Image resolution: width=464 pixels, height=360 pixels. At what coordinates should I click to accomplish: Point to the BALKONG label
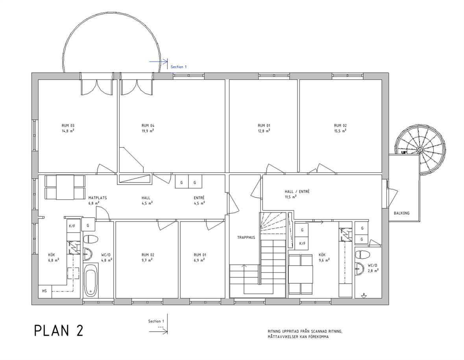[401, 213]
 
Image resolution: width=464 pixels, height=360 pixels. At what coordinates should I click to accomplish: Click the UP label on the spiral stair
[403, 153]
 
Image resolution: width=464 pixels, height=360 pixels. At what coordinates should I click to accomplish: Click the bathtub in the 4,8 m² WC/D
[91, 280]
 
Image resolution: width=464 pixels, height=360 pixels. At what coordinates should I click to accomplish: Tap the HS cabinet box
[45, 291]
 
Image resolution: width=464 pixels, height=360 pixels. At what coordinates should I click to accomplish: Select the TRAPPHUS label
[246, 238]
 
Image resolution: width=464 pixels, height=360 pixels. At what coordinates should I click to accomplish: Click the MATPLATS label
[98, 198]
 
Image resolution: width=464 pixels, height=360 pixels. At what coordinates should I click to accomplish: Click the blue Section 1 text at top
[179, 67]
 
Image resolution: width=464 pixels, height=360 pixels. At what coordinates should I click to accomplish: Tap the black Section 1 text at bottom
[156, 321]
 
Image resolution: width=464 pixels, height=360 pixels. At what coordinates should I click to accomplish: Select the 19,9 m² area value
[147, 131]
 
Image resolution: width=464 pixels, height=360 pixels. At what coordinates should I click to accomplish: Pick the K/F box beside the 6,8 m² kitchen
[72, 226]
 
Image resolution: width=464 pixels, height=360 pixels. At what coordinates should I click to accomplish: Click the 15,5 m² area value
[340, 131]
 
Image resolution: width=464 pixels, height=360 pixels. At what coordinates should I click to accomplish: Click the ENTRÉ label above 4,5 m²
[199, 198]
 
